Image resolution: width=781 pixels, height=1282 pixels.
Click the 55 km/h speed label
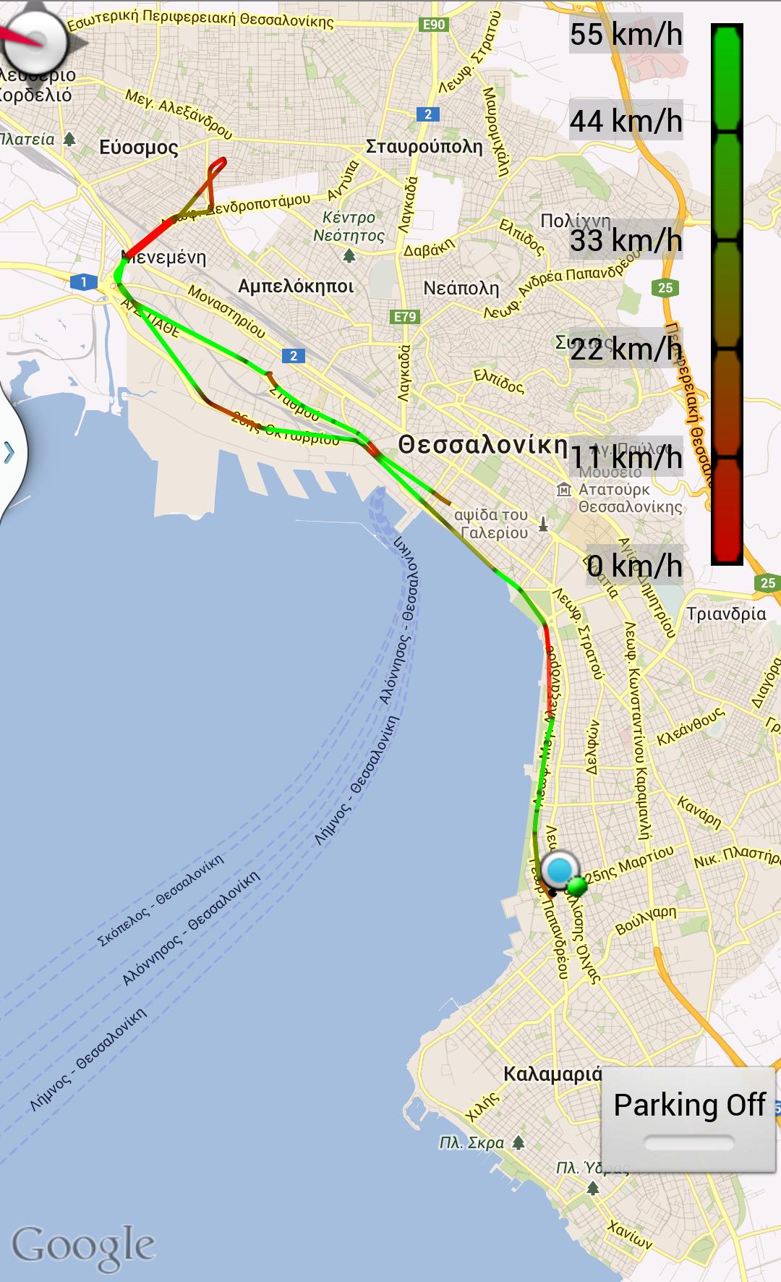(626, 34)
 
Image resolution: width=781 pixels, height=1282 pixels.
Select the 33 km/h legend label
(626, 240)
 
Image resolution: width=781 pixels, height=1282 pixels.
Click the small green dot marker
(576, 886)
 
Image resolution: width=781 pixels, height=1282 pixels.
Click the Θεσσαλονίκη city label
(483, 444)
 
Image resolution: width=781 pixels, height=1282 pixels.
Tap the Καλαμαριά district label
(552, 1074)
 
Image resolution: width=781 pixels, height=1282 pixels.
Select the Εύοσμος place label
(138, 148)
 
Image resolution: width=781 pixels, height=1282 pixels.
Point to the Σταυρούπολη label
(424, 146)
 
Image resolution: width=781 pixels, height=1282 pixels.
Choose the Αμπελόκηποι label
(296, 286)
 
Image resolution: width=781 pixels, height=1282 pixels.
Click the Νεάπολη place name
(461, 288)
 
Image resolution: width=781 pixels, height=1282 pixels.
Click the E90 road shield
(433, 25)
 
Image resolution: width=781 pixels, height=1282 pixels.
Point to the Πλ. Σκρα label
(472, 1143)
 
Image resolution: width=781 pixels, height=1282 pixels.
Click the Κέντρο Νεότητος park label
(350, 226)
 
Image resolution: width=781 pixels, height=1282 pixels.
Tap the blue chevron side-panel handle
(9, 453)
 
